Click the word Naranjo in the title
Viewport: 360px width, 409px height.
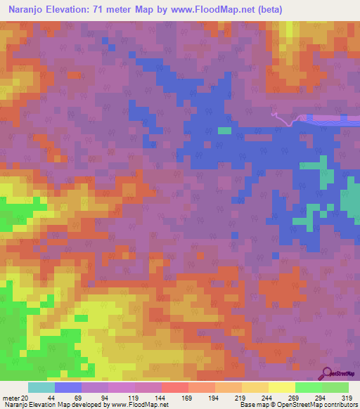click(26, 9)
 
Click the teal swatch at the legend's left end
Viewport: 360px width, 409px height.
click(41, 387)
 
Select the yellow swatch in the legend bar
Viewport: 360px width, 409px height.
click(281, 387)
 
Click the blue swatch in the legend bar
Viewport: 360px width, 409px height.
click(68, 387)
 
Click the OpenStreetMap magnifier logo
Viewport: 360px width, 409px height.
click(327, 373)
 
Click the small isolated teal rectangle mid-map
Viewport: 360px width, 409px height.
click(224, 130)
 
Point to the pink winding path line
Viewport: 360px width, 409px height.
click(284, 119)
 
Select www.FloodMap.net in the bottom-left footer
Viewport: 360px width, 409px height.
click(134, 404)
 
